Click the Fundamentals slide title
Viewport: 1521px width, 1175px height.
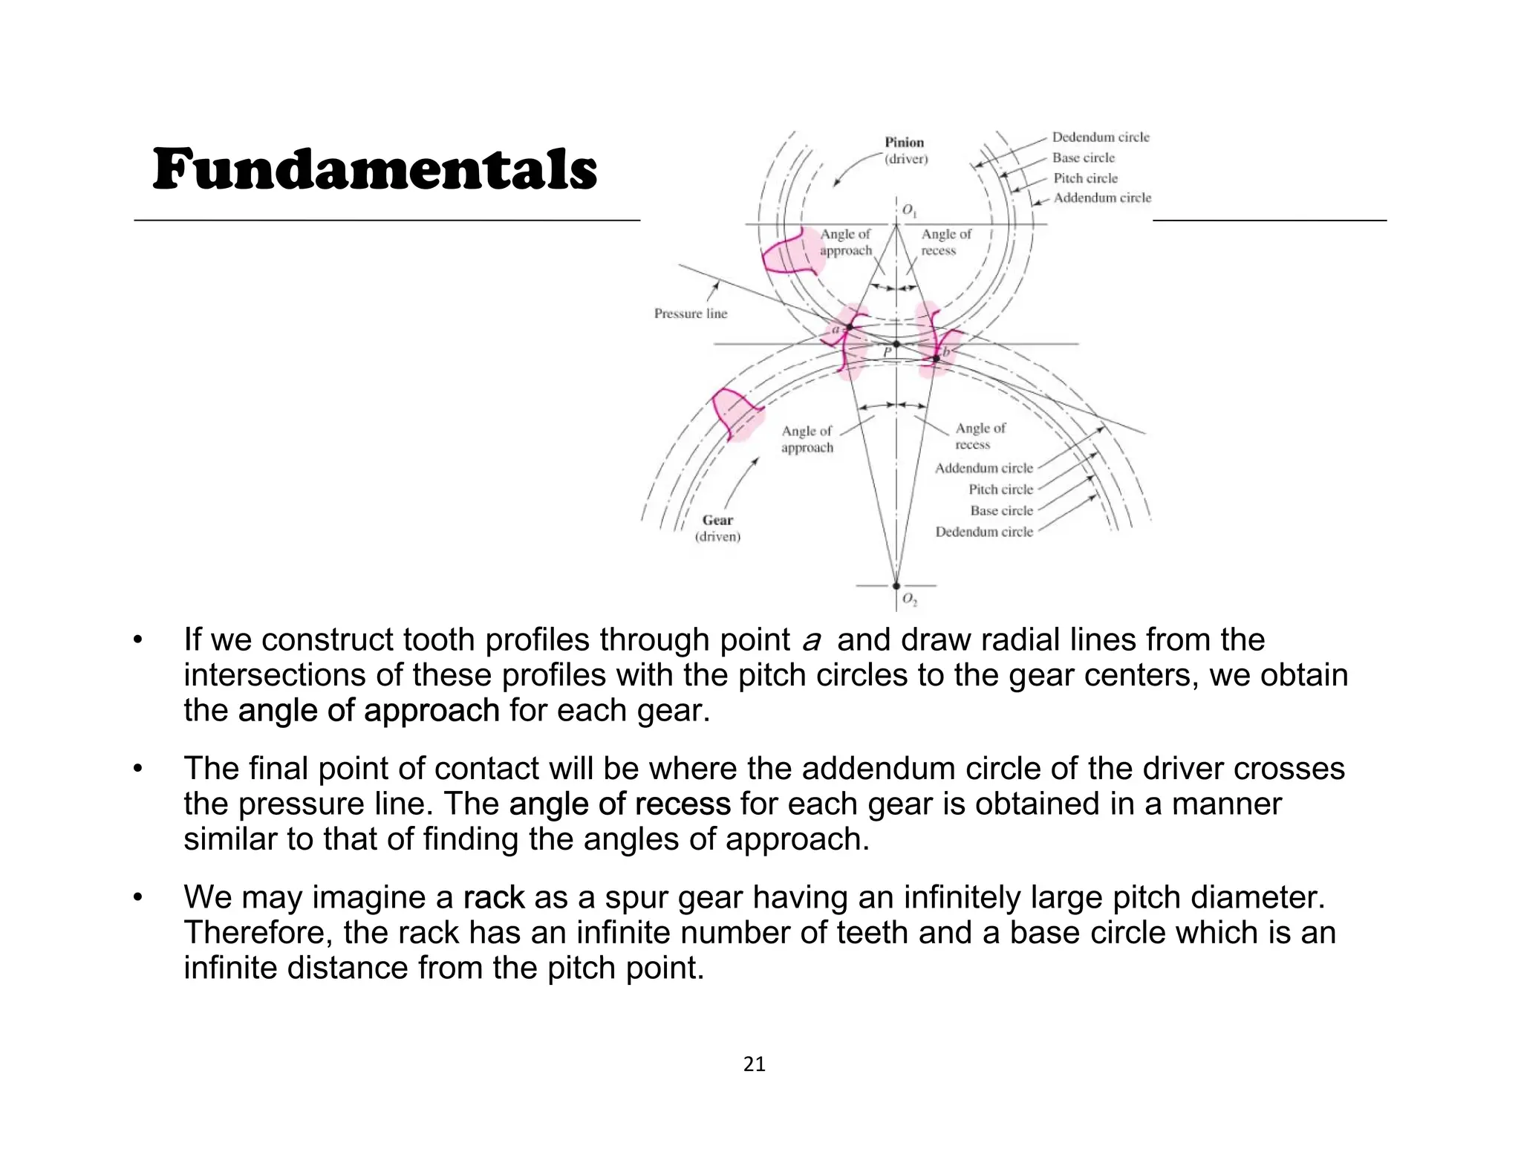(x=374, y=169)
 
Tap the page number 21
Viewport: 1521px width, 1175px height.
(x=754, y=1065)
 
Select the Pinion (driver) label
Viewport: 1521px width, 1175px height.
(x=905, y=150)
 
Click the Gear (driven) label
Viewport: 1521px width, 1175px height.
(x=717, y=528)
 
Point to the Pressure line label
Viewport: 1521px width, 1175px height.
(x=691, y=313)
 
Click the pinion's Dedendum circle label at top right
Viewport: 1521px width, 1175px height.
(x=1100, y=137)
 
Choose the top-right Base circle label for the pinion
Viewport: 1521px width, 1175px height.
(x=1083, y=157)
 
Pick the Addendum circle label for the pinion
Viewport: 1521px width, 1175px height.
(x=1102, y=198)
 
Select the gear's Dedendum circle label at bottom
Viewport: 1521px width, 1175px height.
(x=984, y=532)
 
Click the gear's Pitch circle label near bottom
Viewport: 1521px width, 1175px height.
(x=1000, y=489)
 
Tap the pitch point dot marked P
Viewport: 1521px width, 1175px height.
(x=896, y=344)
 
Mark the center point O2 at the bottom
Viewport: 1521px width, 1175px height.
(x=896, y=586)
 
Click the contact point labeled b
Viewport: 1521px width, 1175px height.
(x=937, y=359)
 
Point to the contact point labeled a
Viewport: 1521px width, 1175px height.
(x=850, y=327)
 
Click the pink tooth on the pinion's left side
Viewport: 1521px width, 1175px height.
(x=789, y=253)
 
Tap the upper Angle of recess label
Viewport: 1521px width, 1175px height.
(x=946, y=242)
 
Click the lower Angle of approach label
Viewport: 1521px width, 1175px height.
(x=807, y=439)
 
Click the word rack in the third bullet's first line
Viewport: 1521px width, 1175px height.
(x=493, y=897)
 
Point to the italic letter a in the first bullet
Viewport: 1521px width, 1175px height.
(x=811, y=639)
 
